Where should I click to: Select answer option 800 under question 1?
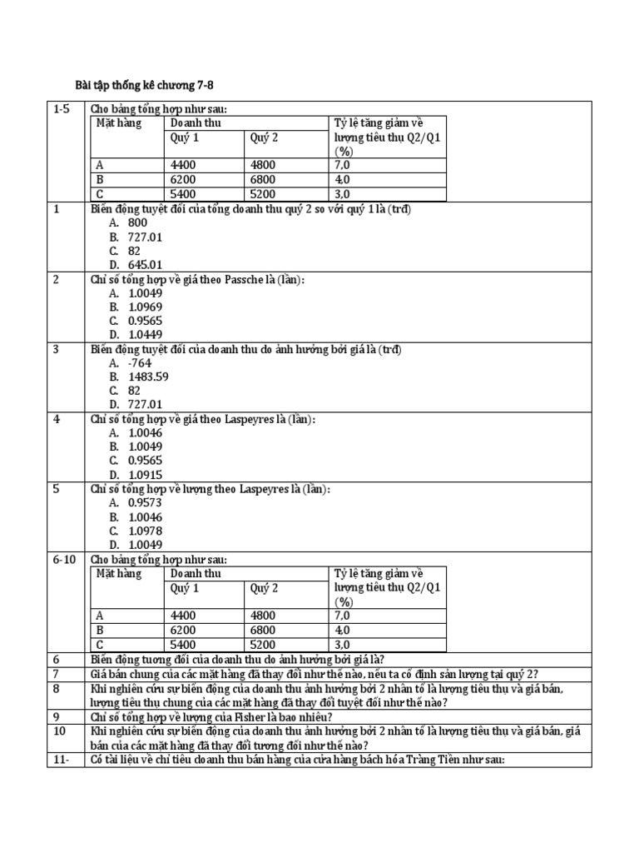pyautogui.click(x=137, y=223)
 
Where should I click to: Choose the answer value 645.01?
pyautogui.click(x=146, y=265)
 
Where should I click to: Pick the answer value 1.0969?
pyautogui.click(x=146, y=307)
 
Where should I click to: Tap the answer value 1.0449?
pyautogui.click(x=146, y=335)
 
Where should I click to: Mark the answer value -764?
pyautogui.click(x=140, y=363)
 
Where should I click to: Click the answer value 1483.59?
pyautogui.click(x=149, y=377)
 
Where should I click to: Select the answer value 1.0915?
pyautogui.click(x=146, y=475)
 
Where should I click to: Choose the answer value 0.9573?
pyautogui.click(x=146, y=503)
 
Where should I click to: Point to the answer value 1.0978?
pyautogui.click(x=146, y=531)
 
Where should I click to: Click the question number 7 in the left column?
pyautogui.click(x=57, y=673)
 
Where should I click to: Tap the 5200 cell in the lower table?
pyautogui.click(x=263, y=644)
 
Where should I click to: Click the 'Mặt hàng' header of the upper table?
pyautogui.click(x=119, y=123)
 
